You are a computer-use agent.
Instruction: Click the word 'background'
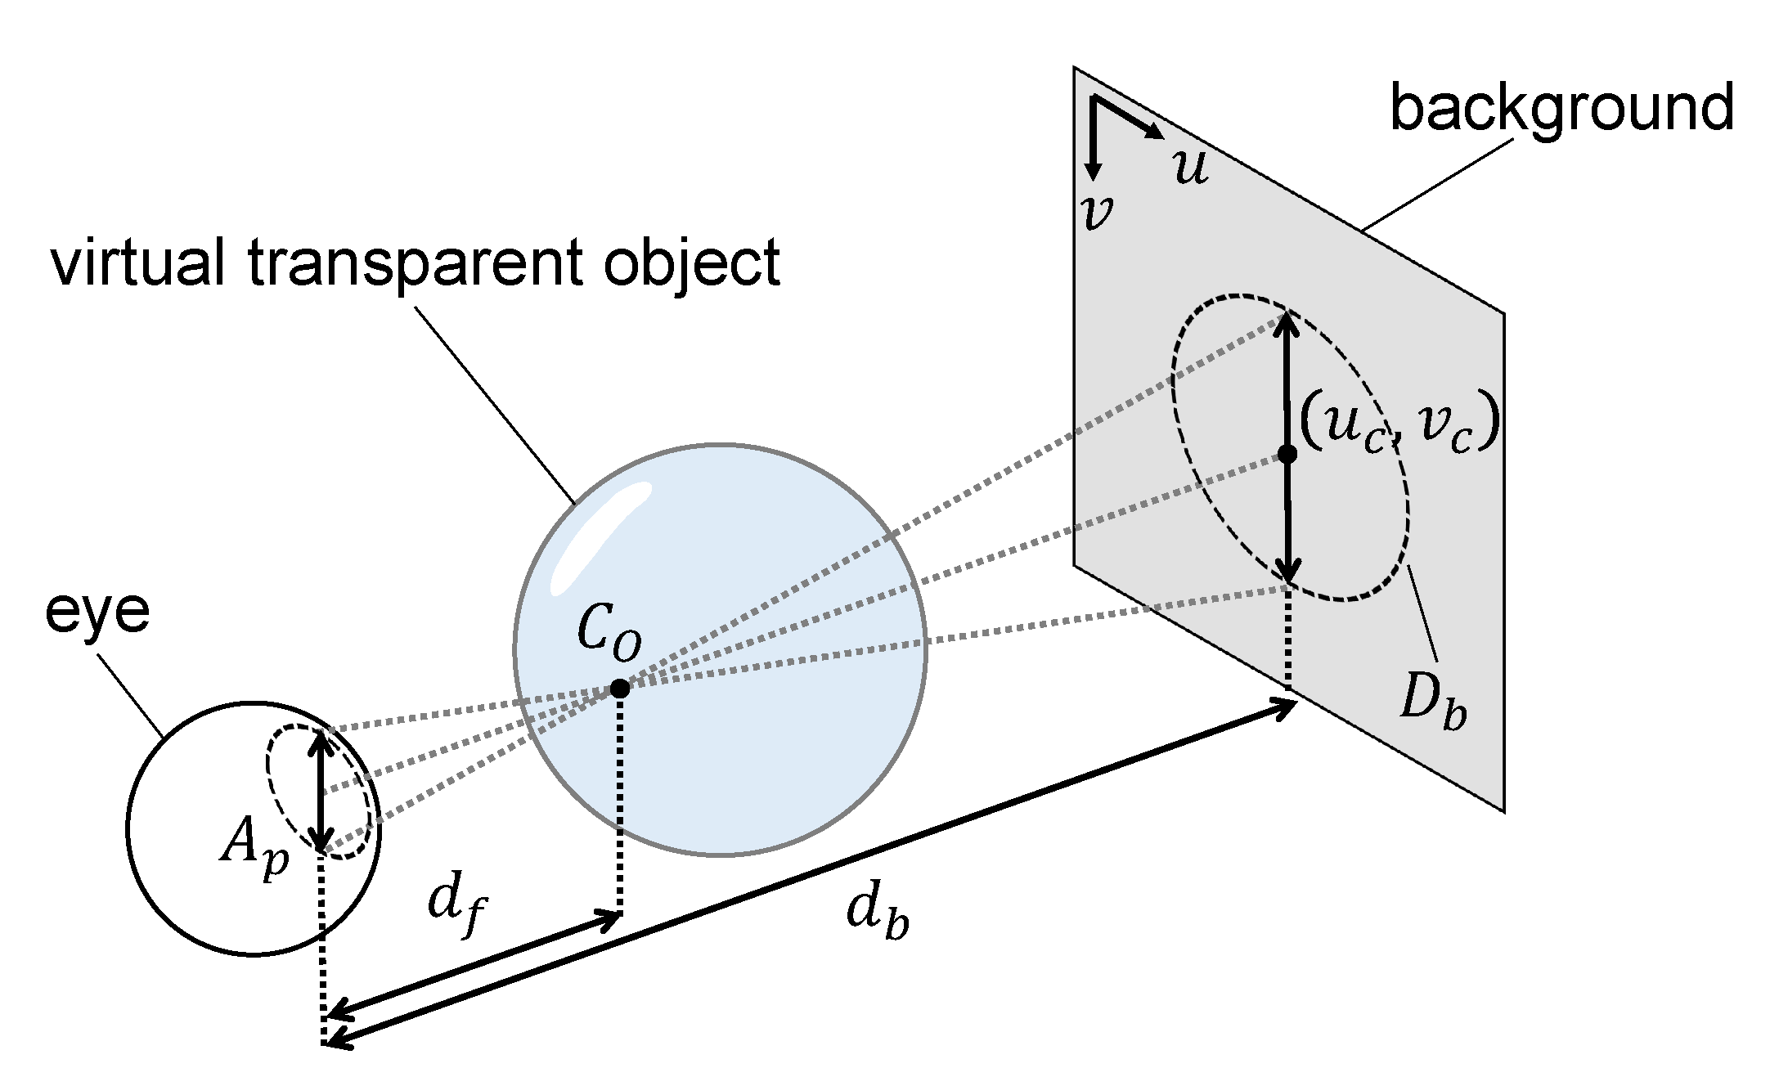(1561, 108)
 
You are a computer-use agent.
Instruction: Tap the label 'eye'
(97, 611)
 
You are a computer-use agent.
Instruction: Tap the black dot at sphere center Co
(620, 689)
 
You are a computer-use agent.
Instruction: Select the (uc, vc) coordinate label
(1399, 425)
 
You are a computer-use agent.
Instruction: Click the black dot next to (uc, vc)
(1287, 454)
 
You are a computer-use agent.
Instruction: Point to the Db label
(1432, 702)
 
